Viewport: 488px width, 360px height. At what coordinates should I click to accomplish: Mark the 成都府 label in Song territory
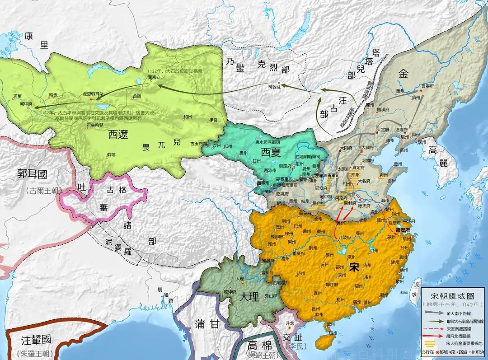pos(278,236)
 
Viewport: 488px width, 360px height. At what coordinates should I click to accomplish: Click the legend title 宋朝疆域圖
pos(453,296)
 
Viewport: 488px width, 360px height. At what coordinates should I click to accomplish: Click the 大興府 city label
pos(369,148)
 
